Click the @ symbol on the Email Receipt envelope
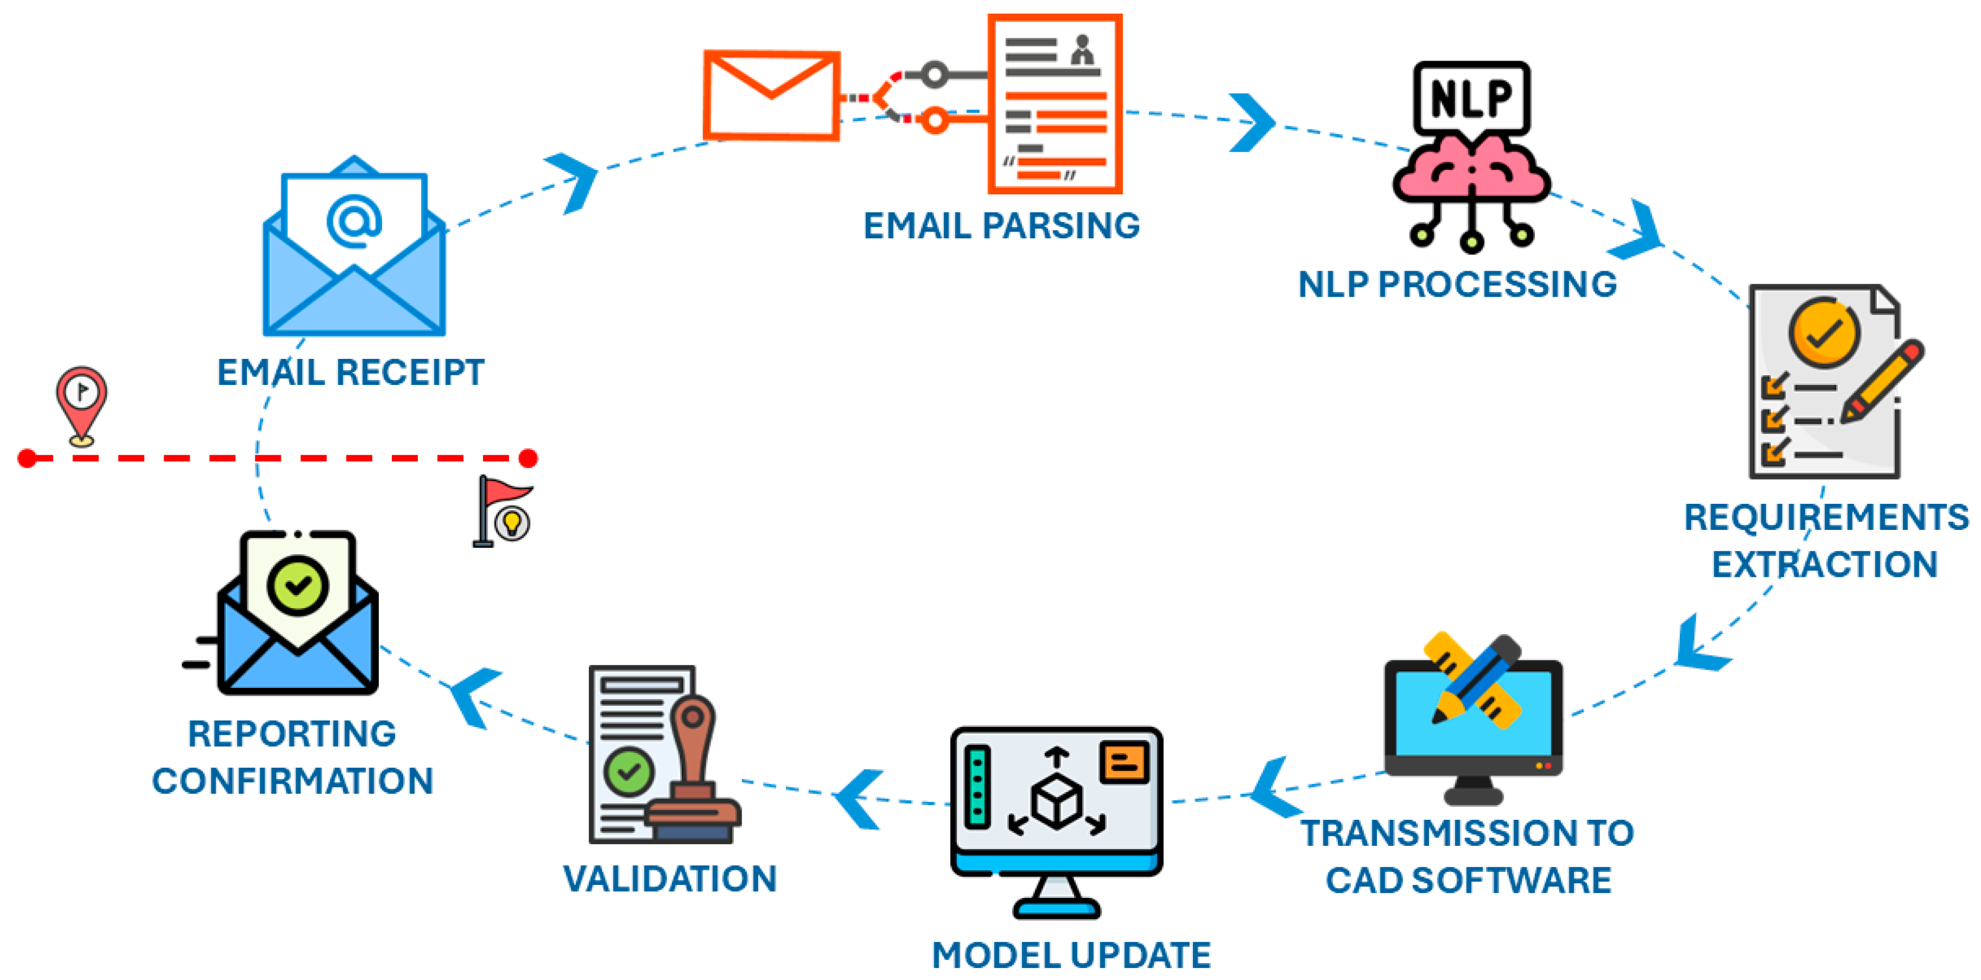(354, 221)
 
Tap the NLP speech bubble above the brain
(1471, 98)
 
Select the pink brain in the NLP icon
(1471, 171)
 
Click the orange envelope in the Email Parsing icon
(771, 95)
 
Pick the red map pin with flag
(81, 401)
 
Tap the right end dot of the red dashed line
(528, 459)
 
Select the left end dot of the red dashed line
(27, 459)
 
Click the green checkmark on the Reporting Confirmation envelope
(298, 586)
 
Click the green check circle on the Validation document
(628, 772)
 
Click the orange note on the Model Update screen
(1123, 762)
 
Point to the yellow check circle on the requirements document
(1824, 333)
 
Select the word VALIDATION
(670, 879)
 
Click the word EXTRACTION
(1824, 564)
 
